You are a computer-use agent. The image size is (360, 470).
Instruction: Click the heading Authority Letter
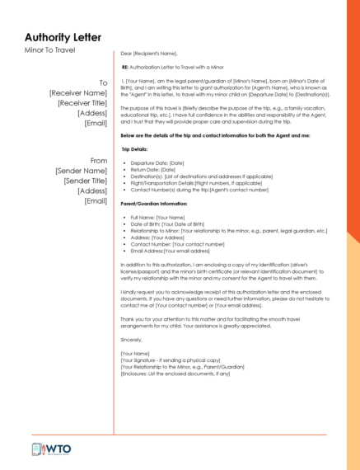point(63,37)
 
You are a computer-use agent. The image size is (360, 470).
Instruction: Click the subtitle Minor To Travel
point(49,50)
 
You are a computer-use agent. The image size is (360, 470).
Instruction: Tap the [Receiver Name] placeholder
point(78,93)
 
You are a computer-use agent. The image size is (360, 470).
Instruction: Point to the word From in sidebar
point(99,161)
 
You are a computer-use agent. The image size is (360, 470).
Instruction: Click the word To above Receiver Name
point(103,82)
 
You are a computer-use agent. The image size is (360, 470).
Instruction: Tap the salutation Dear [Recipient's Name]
point(149,53)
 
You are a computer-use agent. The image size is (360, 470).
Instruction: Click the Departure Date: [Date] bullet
point(157,164)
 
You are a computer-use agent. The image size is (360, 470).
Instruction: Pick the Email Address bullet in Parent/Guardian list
point(170,250)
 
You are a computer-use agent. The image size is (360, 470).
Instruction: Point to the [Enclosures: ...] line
point(175,374)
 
